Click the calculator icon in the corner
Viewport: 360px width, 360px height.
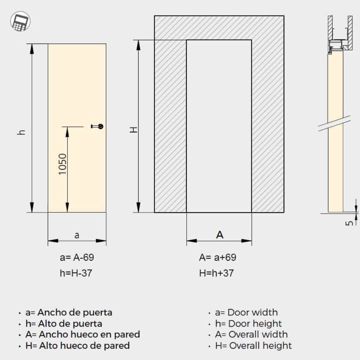[20, 21]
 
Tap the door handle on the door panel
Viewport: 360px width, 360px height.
[97, 126]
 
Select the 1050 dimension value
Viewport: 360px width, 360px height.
[62, 164]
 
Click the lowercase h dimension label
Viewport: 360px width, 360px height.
[21, 132]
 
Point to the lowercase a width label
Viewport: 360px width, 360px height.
[77, 235]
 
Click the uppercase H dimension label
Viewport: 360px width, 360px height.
[134, 130]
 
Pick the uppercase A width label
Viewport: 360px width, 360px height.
[220, 235]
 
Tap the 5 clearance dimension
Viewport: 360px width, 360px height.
[349, 223]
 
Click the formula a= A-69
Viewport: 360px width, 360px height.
[77, 257]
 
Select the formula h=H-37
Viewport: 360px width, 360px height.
[76, 273]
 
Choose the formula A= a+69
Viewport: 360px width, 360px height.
[218, 257]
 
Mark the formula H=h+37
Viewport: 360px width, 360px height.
[217, 273]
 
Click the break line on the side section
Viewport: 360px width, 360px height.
[334, 123]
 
